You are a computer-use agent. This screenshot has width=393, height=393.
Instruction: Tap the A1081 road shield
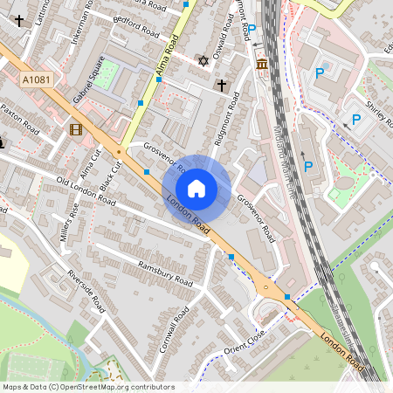click(x=36, y=79)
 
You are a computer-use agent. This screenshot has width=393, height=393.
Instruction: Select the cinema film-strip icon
click(x=76, y=130)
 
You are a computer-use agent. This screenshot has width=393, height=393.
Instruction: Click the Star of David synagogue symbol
click(x=204, y=61)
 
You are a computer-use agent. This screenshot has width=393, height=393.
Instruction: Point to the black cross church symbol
click(x=222, y=85)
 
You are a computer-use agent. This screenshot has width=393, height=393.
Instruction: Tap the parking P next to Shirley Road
click(x=355, y=120)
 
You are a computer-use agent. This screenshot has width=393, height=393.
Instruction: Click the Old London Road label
click(x=86, y=190)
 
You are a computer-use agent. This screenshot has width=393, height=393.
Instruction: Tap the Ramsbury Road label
click(x=165, y=274)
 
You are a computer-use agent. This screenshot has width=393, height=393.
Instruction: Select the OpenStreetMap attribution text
click(x=88, y=387)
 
